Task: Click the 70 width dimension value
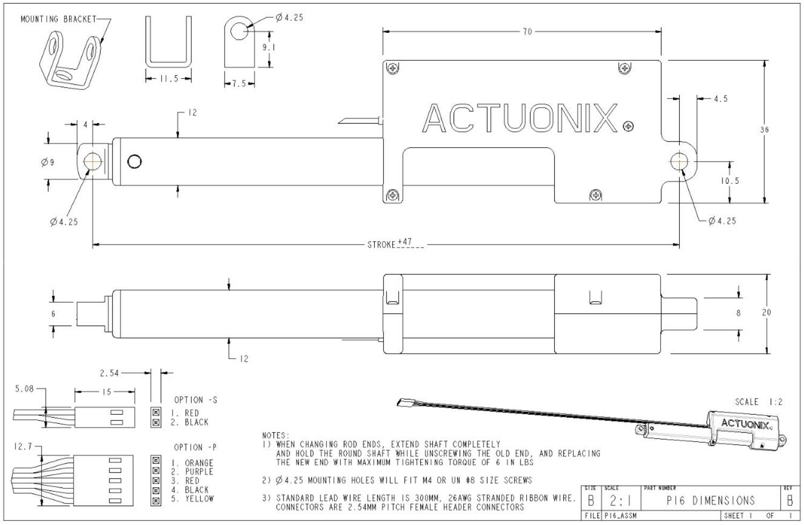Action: [x=527, y=32]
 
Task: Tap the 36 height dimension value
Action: [x=764, y=130]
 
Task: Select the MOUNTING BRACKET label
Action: [x=58, y=19]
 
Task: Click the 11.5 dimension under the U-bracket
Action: [x=168, y=79]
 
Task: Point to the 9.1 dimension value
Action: [x=269, y=47]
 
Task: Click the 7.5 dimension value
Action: [x=239, y=84]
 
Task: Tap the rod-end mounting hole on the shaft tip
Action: [x=92, y=161]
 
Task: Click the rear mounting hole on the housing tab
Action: [x=680, y=161]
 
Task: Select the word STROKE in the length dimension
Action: [x=381, y=245]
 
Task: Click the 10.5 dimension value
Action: [x=729, y=181]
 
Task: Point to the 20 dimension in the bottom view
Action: [x=766, y=313]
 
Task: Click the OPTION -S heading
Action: [x=196, y=400]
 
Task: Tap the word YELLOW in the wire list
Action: [x=199, y=499]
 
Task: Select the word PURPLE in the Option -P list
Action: [x=199, y=472]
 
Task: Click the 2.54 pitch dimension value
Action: [x=109, y=373]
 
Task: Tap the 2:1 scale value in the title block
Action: [x=620, y=502]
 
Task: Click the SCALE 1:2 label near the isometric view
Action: [x=758, y=402]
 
